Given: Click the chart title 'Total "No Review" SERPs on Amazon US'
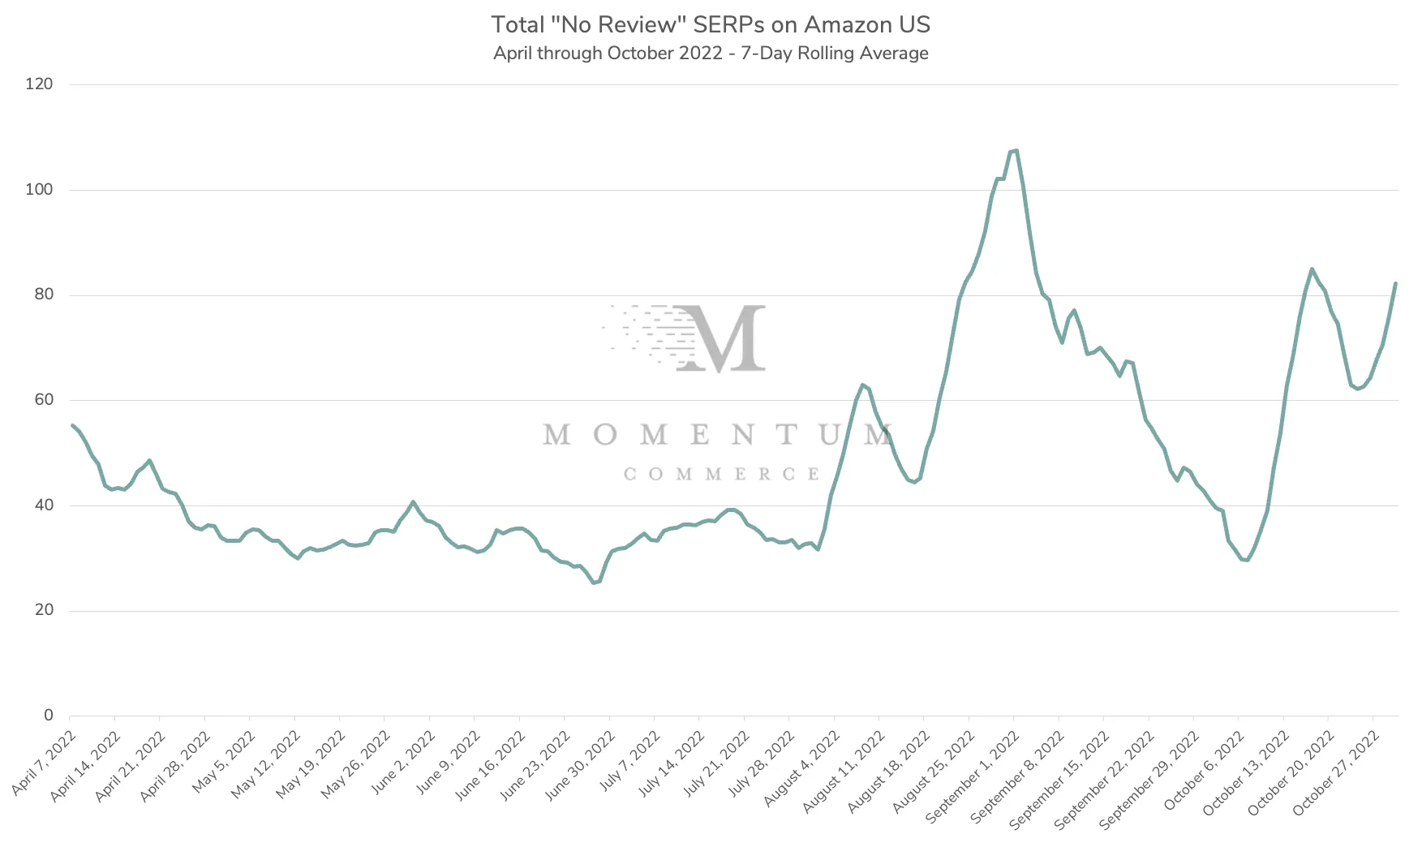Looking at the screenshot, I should (x=711, y=24).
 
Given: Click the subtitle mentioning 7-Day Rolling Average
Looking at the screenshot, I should (x=711, y=54).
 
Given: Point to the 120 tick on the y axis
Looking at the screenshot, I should (x=39, y=84).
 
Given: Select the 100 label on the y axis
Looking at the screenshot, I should (x=39, y=190).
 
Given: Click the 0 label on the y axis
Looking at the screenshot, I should (x=49, y=716).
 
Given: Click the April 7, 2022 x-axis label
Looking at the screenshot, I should (x=45, y=763).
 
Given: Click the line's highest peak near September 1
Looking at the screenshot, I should (x=1016, y=150).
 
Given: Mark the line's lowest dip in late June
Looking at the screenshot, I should (x=594, y=583).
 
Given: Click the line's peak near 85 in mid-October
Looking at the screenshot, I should (x=1312, y=269).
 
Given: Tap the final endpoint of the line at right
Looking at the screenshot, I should (x=1395, y=283).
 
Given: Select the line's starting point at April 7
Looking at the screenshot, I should (x=72, y=425).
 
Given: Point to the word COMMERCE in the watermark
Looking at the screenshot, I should (x=721, y=474).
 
